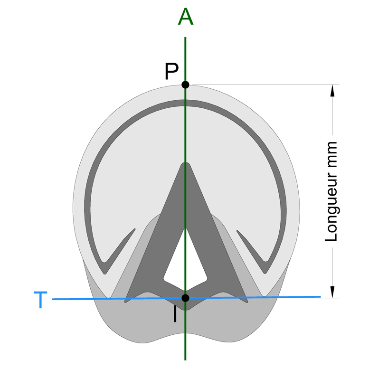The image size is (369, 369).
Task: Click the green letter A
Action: pos(185,17)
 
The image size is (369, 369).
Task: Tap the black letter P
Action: pos(171,71)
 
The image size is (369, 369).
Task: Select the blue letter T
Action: pos(40,300)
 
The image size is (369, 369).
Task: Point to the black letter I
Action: pos(175,314)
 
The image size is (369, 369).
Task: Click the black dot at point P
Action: pos(185,85)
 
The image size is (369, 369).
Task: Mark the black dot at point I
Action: pos(185,298)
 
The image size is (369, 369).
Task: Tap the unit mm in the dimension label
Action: pos(331,150)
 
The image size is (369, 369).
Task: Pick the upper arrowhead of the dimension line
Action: pos(332,91)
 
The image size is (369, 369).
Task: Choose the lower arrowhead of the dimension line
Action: pos(332,292)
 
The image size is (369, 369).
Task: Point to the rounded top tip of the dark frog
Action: pos(185,162)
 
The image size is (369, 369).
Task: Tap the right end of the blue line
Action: pos(321,297)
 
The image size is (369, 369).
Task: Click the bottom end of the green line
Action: pos(185,360)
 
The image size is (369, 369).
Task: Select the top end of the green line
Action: pos(185,37)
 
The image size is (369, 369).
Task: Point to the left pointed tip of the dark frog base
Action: pos(125,302)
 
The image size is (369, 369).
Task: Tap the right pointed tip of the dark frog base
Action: pos(247,302)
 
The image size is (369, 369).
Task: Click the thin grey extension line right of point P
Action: pos(265,85)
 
